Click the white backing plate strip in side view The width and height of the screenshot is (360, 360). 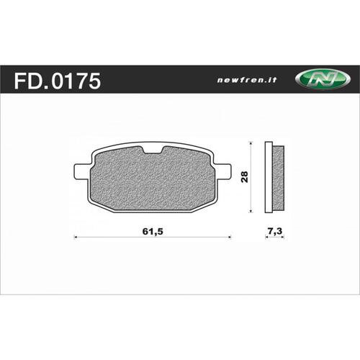coord(268,178)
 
